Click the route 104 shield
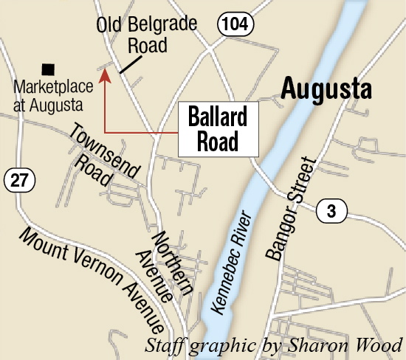[235, 25]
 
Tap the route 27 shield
[16, 179]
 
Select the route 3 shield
[331, 212]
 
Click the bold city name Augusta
[326, 90]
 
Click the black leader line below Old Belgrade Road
[128, 65]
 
